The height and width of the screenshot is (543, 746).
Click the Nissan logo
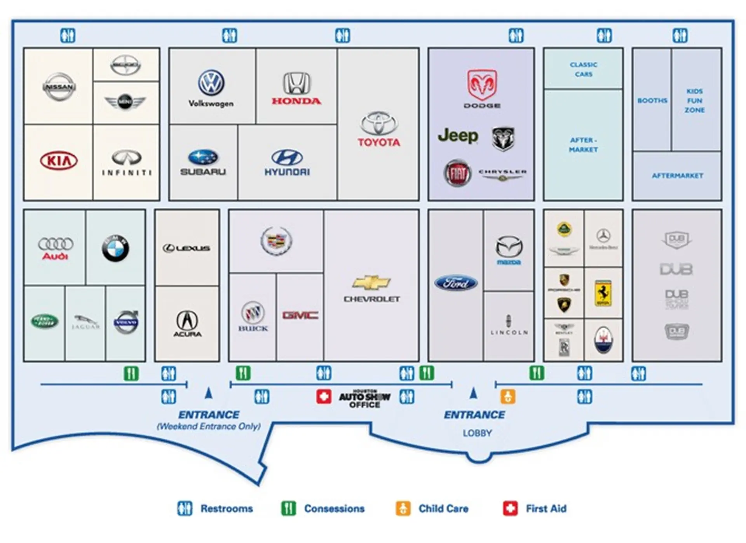pyautogui.click(x=59, y=87)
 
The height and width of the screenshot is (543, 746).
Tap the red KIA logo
pyautogui.click(x=59, y=160)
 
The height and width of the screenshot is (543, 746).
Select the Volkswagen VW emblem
pyautogui.click(x=211, y=82)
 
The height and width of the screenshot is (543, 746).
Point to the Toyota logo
pyautogui.click(x=379, y=124)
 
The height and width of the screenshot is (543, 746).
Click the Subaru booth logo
pyautogui.click(x=203, y=158)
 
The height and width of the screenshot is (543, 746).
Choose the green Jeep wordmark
pyautogui.click(x=458, y=136)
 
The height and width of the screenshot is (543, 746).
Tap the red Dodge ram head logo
pyautogui.click(x=482, y=85)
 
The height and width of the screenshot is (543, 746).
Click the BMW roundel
pyautogui.click(x=115, y=248)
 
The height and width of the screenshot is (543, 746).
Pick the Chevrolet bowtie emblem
pyautogui.click(x=371, y=283)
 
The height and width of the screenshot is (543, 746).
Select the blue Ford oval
pyautogui.click(x=456, y=283)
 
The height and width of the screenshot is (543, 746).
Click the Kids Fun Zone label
pyautogui.click(x=695, y=101)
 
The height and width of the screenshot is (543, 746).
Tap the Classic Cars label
pyautogui.click(x=584, y=69)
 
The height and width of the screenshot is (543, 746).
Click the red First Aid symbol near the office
pyautogui.click(x=323, y=397)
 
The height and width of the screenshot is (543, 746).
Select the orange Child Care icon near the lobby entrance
pyautogui.click(x=508, y=397)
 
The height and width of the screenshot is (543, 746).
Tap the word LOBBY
pyautogui.click(x=477, y=433)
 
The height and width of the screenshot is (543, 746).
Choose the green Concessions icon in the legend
pyautogui.click(x=288, y=508)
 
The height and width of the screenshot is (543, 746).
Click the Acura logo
pyautogui.click(x=187, y=323)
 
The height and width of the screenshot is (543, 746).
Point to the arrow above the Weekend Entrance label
pyautogui.click(x=209, y=393)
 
